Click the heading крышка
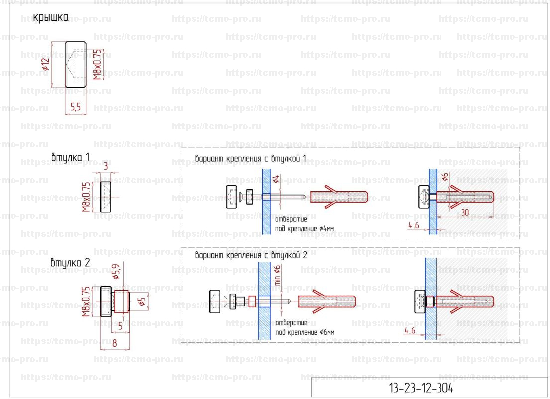click(x=50, y=18)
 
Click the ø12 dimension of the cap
click(x=46, y=64)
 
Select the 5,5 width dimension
click(x=76, y=106)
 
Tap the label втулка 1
click(x=70, y=158)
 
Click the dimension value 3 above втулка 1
click(x=106, y=166)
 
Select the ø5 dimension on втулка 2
click(x=141, y=301)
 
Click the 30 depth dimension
click(x=465, y=212)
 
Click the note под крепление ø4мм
click(x=305, y=229)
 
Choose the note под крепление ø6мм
click(x=305, y=332)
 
